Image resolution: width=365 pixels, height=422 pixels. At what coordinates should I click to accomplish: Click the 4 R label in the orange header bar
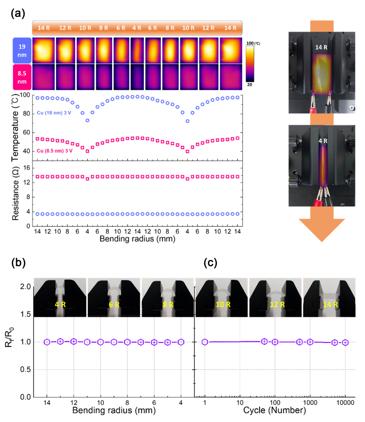pos(137,28)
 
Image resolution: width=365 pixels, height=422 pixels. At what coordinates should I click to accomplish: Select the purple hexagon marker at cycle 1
pos(205,342)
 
